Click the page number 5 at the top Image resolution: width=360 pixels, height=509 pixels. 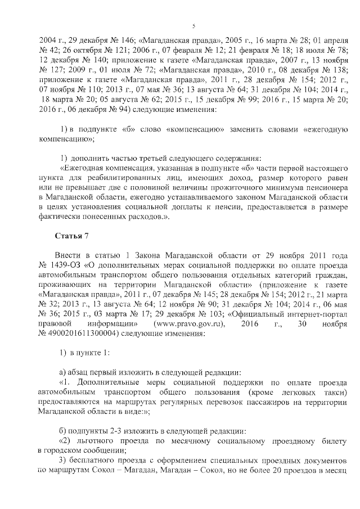193,26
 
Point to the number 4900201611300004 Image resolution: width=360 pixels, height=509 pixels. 84,334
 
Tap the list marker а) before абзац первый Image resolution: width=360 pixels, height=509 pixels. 63,372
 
